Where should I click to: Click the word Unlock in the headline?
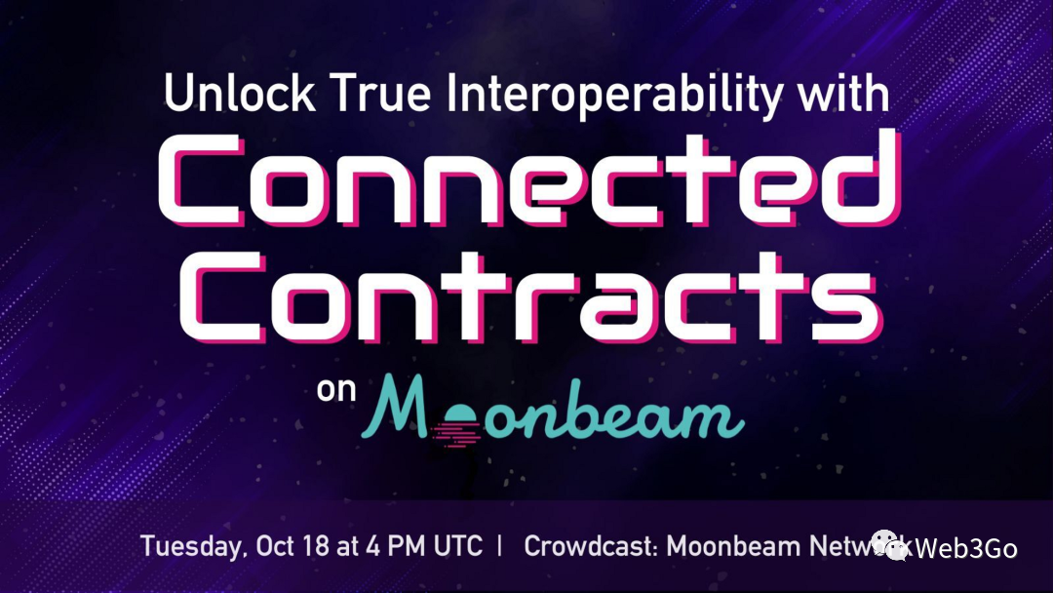click(x=239, y=93)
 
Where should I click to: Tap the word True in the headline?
click(x=381, y=93)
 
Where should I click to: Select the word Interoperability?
click(x=614, y=96)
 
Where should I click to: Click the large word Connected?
click(x=529, y=179)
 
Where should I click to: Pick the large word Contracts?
click(x=530, y=297)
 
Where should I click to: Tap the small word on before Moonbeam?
click(x=335, y=389)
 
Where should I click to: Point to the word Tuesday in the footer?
click(x=192, y=546)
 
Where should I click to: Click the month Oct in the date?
click(x=275, y=545)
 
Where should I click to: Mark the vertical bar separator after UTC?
click(x=500, y=545)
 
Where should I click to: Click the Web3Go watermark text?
click(x=965, y=549)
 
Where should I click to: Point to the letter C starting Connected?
click(x=201, y=179)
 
